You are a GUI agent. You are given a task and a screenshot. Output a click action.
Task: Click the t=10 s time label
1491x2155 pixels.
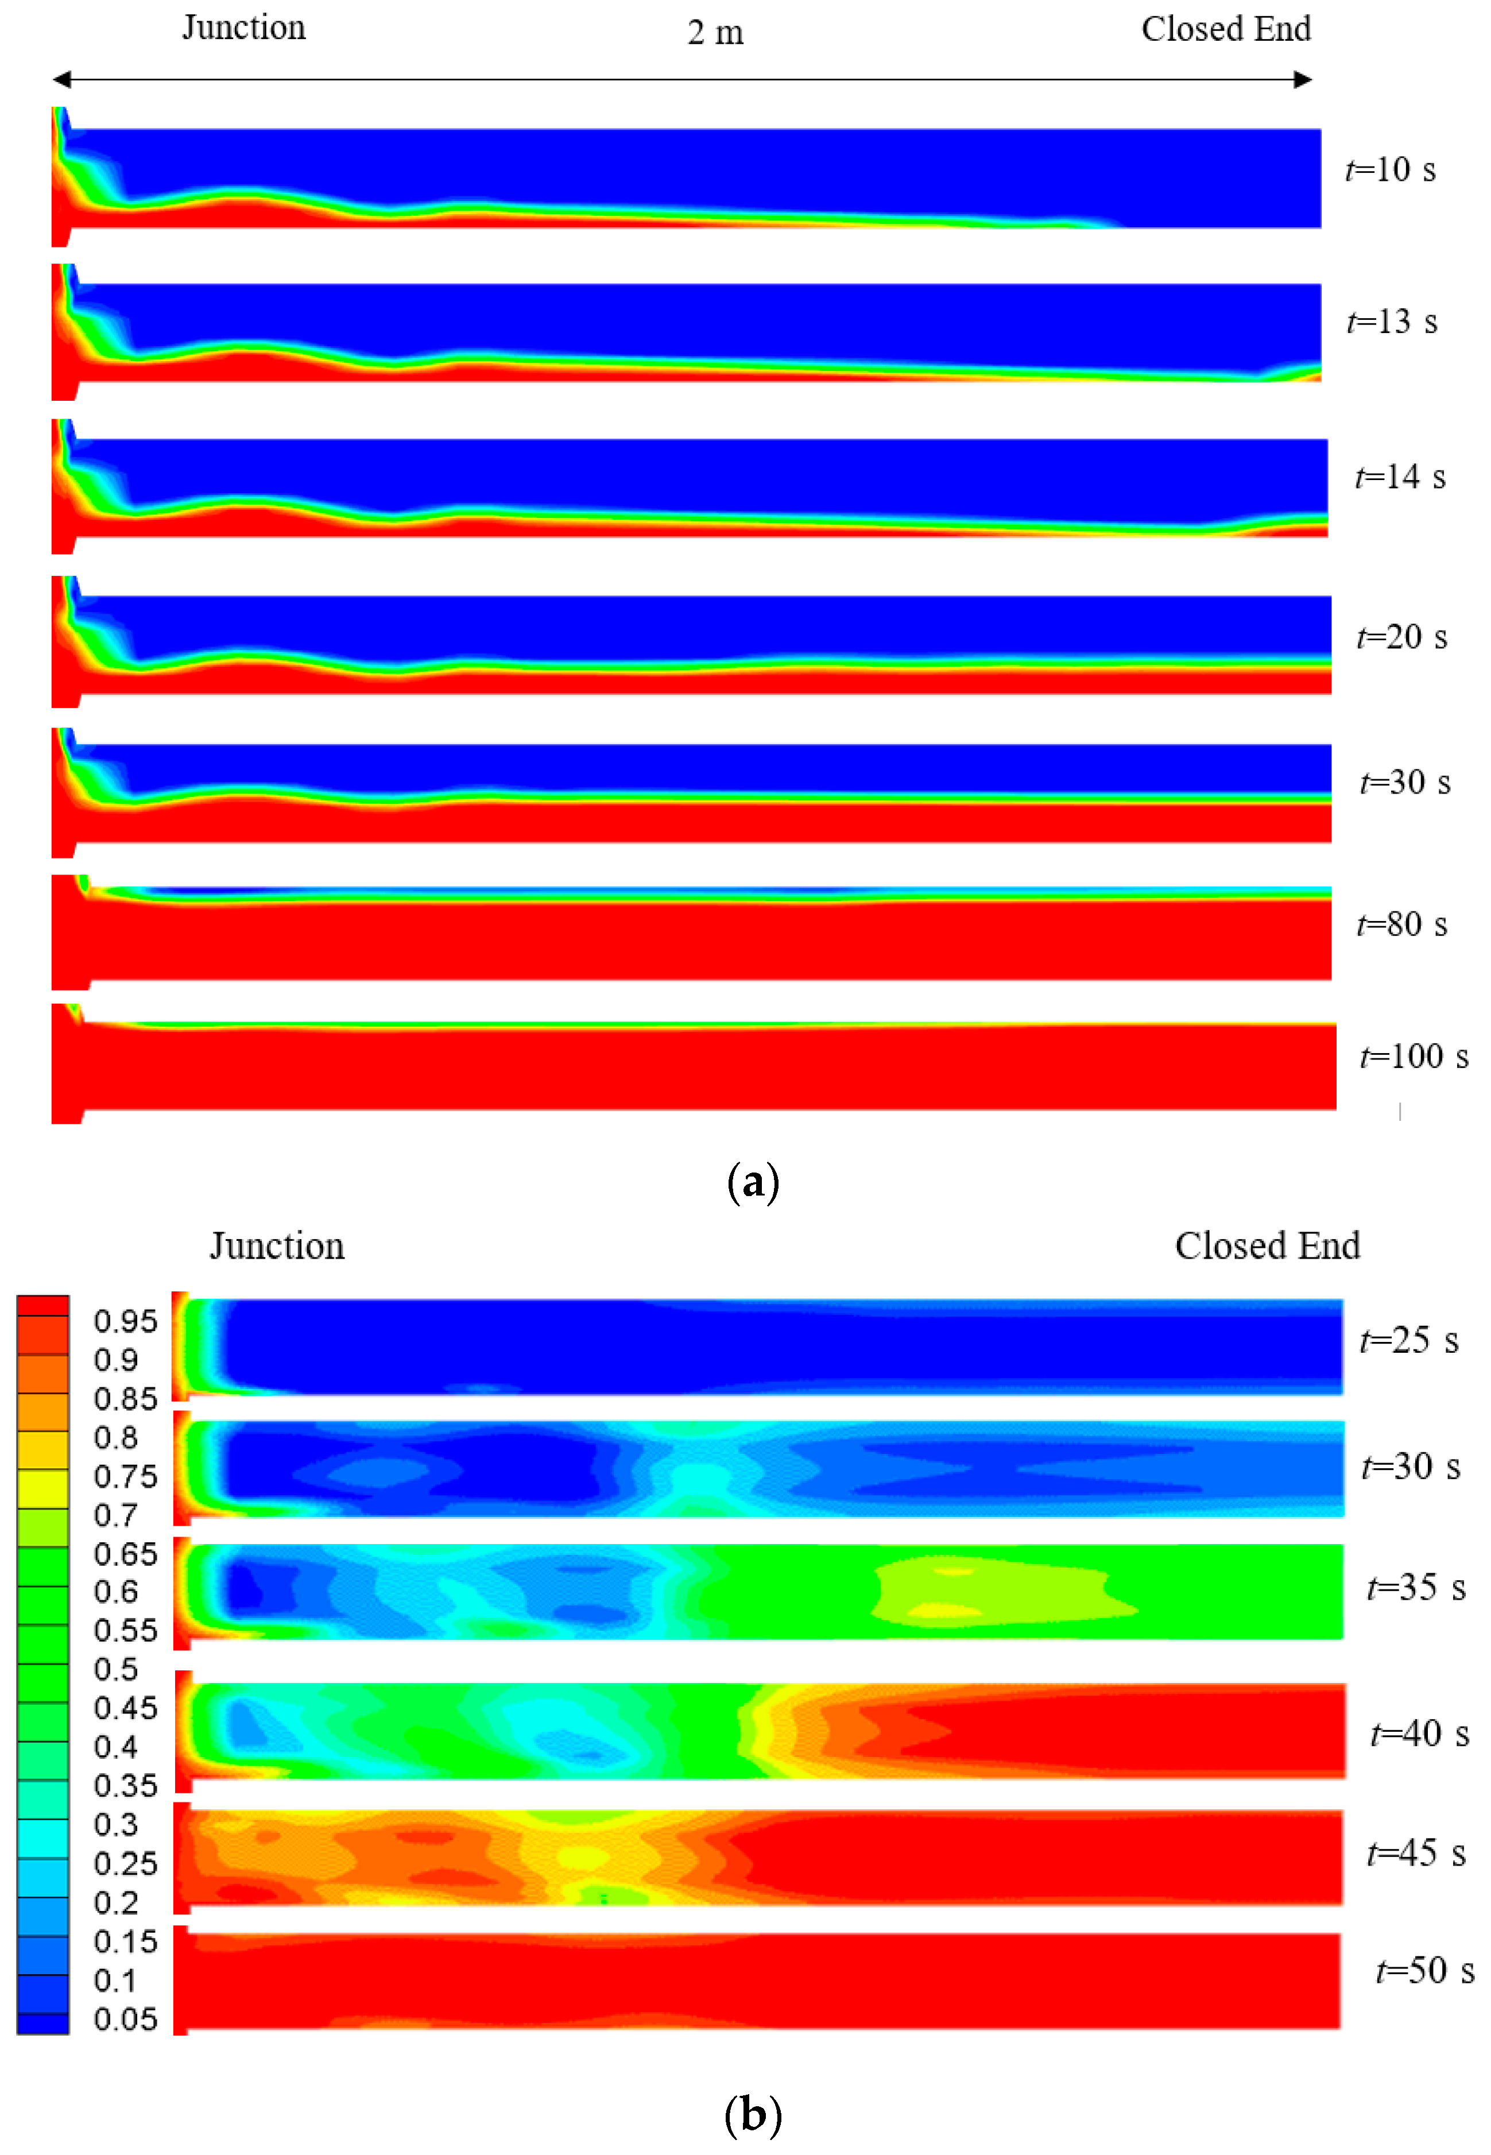point(1389,170)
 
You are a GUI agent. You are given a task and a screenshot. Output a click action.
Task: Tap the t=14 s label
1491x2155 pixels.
point(1400,477)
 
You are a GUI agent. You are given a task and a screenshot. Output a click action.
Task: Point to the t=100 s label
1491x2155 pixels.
point(1413,1057)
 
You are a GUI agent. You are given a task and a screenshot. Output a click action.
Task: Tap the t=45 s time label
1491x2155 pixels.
point(1415,1854)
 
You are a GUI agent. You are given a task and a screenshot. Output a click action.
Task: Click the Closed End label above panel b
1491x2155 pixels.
point(1267,1246)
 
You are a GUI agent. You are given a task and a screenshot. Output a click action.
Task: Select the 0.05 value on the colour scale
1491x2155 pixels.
point(125,2019)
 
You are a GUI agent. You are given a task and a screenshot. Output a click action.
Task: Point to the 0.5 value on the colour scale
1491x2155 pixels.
point(116,1669)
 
